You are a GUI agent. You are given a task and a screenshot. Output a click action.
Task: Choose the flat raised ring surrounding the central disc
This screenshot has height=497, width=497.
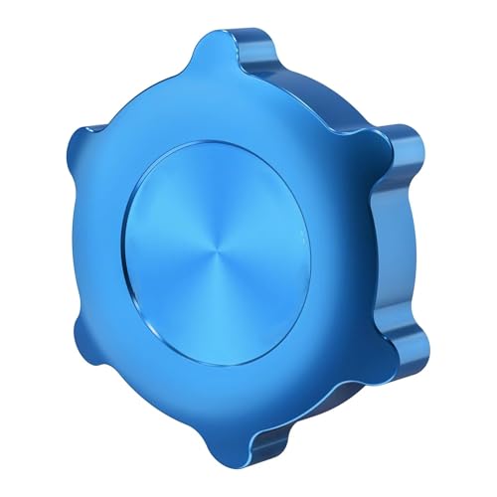(328, 328)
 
